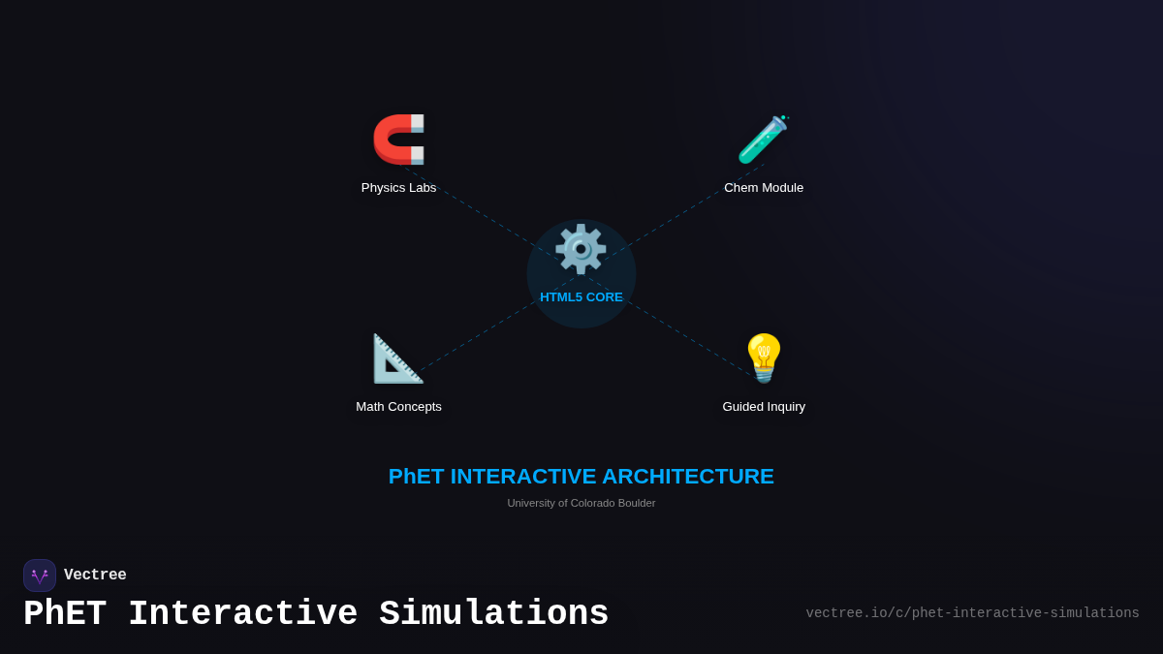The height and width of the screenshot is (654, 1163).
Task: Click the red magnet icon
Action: click(x=398, y=140)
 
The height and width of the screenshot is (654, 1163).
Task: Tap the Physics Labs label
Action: click(x=398, y=188)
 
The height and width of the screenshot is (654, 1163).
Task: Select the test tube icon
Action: click(x=763, y=140)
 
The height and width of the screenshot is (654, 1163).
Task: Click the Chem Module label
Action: click(x=764, y=188)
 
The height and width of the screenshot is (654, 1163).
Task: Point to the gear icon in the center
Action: click(x=581, y=250)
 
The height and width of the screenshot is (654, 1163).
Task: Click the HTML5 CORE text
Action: click(x=581, y=297)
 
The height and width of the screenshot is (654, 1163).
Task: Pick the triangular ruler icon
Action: click(x=397, y=358)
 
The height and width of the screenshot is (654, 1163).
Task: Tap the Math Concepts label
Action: click(x=398, y=407)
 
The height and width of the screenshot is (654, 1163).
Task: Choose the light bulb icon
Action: click(x=764, y=358)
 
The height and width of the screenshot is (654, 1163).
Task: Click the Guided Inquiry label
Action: click(x=764, y=407)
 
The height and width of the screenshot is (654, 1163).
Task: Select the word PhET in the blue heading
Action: click(x=416, y=477)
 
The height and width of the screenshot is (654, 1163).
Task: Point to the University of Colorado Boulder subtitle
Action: click(x=581, y=503)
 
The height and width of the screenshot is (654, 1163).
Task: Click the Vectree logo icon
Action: click(x=40, y=576)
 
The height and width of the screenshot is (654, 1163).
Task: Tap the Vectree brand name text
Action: click(x=95, y=576)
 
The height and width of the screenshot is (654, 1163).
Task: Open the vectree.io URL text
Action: click(x=972, y=613)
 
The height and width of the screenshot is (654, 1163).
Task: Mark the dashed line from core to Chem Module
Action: click(x=678, y=214)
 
